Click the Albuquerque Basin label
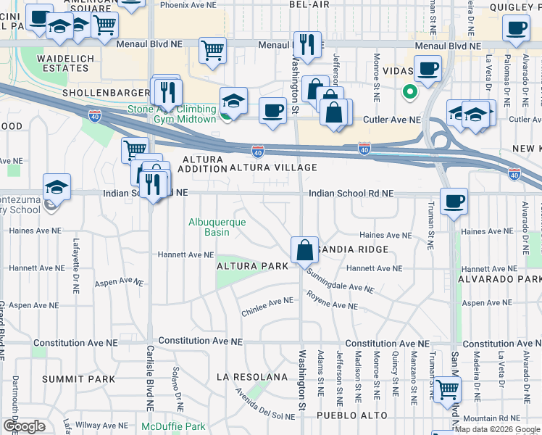[x=217, y=227]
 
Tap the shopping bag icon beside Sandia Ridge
[x=305, y=249]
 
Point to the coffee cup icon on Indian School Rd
[x=454, y=201]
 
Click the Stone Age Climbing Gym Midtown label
[x=172, y=114]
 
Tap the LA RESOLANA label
[x=252, y=377]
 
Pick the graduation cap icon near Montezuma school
[x=57, y=187]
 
